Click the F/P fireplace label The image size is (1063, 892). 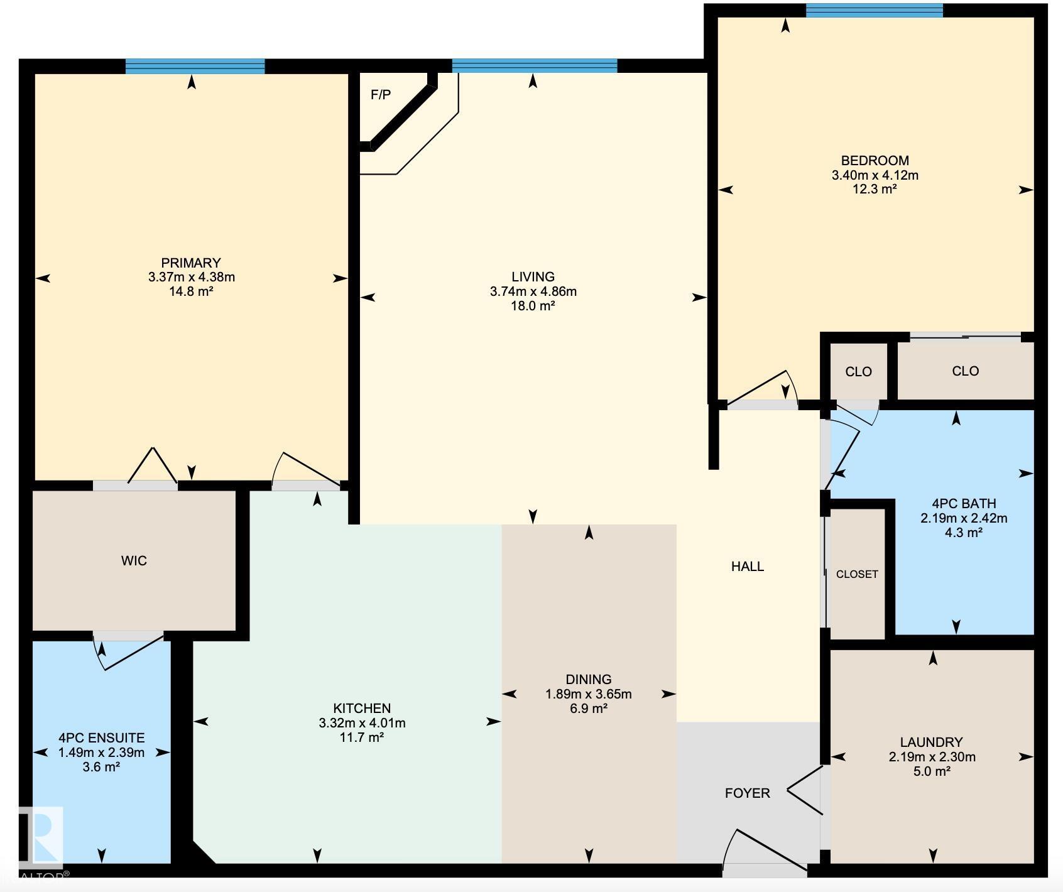pyautogui.click(x=381, y=95)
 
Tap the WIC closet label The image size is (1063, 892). pyautogui.click(x=134, y=560)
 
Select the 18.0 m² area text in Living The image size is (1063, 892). pyautogui.click(x=533, y=306)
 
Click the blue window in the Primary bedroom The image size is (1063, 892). pyautogui.click(x=195, y=66)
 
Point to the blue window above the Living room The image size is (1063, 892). pyautogui.click(x=535, y=65)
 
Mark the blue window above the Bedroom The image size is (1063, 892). pyautogui.click(x=874, y=11)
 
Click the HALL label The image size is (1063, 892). pyautogui.click(x=748, y=566)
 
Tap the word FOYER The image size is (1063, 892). pyautogui.click(x=747, y=793)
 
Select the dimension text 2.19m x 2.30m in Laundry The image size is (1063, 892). pyautogui.click(x=932, y=757)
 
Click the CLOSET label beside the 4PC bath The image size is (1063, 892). pyautogui.click(x=857, y=574)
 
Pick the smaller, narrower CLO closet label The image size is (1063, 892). pyautogui.click(x=858, y=371)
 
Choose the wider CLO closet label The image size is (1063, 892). pyautogui.click(x=965, y=371)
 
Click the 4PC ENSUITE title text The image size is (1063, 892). pyautogui.click(x=101, y=737)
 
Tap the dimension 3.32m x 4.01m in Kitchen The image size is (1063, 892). pyautogui.click(x=362, y=723)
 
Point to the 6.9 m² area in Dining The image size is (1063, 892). pyautogui.click(x=589, y=709)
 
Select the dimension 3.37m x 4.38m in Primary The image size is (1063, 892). pyautogui.click(x=192, y=277)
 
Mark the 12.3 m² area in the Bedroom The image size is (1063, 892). pyautogui.click(x=874, y=189)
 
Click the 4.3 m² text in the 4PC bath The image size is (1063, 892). pyautogui.click(x=963, y=533)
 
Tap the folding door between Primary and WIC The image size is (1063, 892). pyautogui.click(x=153, y=467)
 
